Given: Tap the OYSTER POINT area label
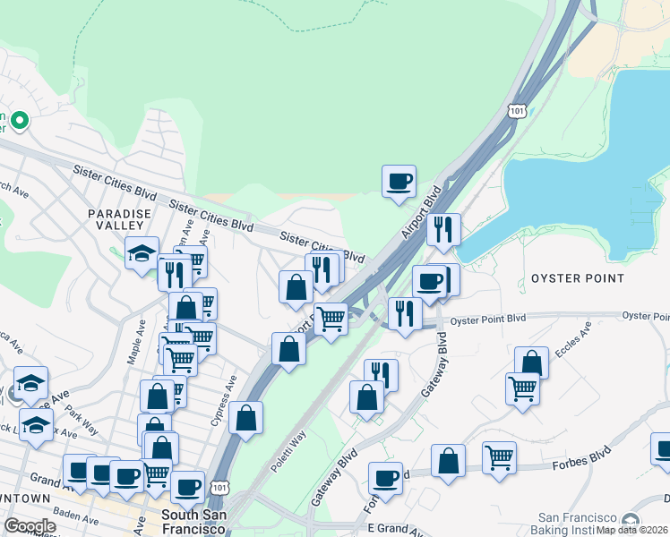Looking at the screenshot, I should click(x=578, y=278).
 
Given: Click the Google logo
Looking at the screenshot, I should click(x=30, y=526).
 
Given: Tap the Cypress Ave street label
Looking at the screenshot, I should click(x=225, y=391).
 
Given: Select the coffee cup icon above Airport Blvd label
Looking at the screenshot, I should click(x=399, y=182).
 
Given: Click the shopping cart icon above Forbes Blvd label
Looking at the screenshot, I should click(x=499, y=457).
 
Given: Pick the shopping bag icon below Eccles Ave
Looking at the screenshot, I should click(x=531, y=362).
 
